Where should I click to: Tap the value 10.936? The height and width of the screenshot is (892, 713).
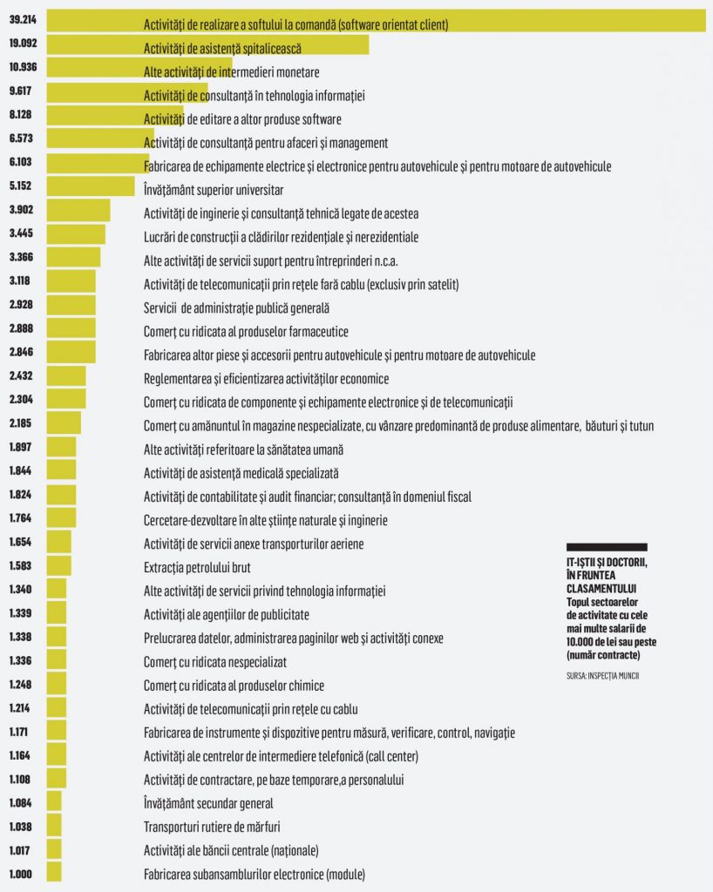click(23, 69)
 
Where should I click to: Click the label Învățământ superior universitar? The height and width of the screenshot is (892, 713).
click(214, 189)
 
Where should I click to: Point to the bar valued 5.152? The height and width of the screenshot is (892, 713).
click(91, 186)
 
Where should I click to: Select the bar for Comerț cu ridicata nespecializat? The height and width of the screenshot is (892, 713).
click(56, 660)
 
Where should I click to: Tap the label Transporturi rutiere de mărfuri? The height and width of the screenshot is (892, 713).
click(212, 827)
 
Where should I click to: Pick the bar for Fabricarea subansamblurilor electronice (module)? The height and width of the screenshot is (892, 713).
click(53, 873)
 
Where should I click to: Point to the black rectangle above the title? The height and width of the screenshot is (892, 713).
click(606, 547)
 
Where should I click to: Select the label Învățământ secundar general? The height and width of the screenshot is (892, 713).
click(208, 803)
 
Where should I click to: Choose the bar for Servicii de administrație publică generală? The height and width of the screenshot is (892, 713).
click(71, 306)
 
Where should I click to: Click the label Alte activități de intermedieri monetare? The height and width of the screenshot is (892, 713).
click(231, 72)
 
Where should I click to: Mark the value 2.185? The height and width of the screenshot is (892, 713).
click(21, 424)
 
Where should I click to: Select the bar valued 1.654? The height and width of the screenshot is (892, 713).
click(58, 542)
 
